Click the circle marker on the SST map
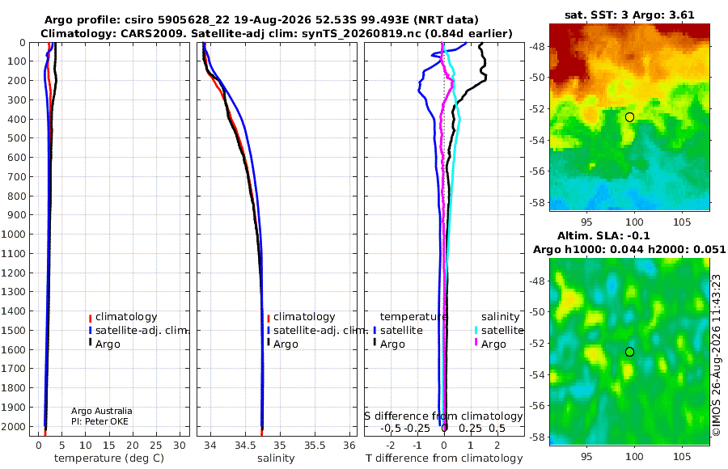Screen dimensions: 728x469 coord(629,117)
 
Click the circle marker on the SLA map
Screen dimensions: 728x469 coord(629,352)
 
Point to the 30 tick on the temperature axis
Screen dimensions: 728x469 coord(180,445)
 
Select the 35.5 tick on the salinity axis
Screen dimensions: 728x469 coord(315,445)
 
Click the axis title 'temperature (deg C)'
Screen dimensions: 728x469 coord(109,458)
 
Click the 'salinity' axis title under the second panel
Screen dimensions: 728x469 coord(276,458)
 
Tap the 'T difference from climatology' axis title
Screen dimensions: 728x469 coord(444,458)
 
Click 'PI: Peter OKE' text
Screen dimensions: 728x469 coord(99,421)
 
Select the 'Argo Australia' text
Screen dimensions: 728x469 coord(102,411)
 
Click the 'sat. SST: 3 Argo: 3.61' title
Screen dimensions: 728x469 coord(629,15)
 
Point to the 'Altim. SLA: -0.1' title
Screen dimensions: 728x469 coord(603,235)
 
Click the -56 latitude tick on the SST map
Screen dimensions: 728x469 coord(538,171)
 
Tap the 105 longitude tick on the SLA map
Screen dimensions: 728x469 coord(682,456)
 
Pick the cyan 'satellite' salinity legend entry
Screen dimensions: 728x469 coord(499,330)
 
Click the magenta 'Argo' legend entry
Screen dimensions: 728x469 coord(490,344)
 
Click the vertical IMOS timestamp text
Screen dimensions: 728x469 coord(717,355)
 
